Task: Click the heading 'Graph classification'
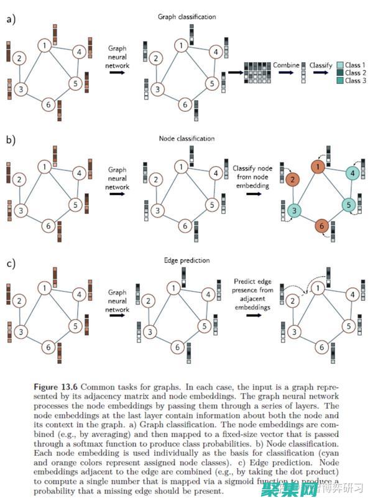pyautogui.click(x=186, y=17)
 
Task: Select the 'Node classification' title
pyautogui.click(x=186, y=138)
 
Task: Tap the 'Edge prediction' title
pyautogui.click(x=186, y=260)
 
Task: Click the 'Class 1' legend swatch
pyautogui.click(x=339, y=65)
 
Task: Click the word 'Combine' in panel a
pyautogui.click(x=286, y=65)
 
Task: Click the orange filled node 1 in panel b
pyautogui.click(x=318, y=167)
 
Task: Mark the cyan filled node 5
pyautogui.click(x=348, y=205)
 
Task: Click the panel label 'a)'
pyautogui.click(x=11, y=19)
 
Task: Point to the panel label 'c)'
pyautogui.click(x=11, y=262)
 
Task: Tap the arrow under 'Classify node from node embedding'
pyautogui.click(x=253, y=193)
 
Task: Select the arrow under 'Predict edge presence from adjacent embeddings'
pyautogui.click(x=253, y=315)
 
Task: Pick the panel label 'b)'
pyautogui.click(x=11, y=141)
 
